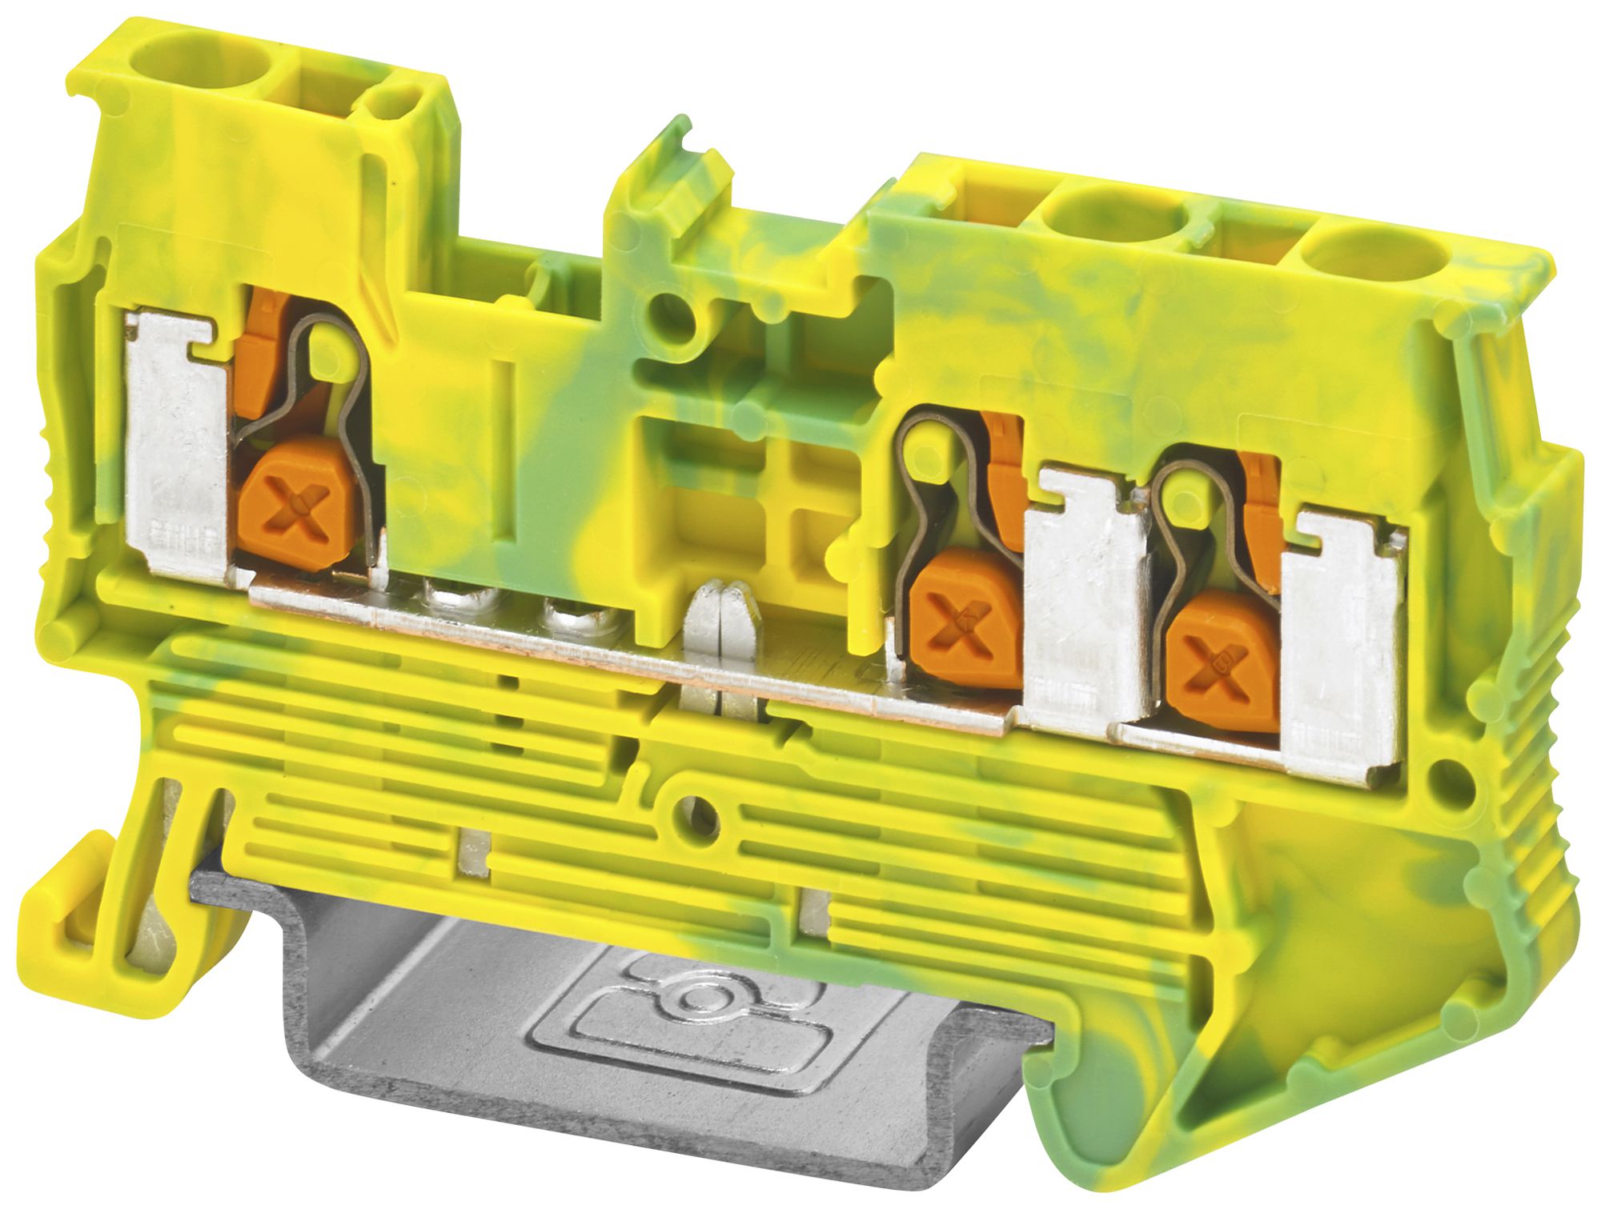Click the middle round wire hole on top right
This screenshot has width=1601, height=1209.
pos(1117,220)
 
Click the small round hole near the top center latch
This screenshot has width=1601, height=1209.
pos(671,308)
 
